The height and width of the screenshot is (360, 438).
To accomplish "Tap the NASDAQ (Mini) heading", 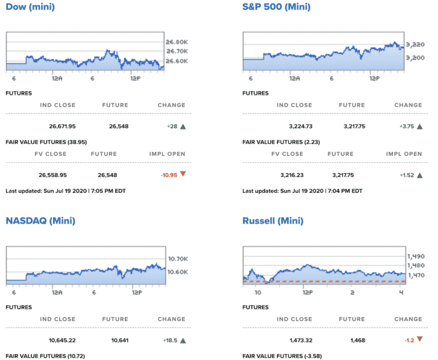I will pyautogui.click(x=40, y=221).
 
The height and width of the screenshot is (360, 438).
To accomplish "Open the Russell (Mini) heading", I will pyautogui.click(x=273, y=221).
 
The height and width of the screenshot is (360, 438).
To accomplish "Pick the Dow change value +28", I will pyautogui.click(x=173, y=127).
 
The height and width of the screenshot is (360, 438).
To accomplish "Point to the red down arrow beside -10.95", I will pyautogui.click(x=183, y=173).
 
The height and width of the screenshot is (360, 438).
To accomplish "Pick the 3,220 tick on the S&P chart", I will pyautogui.click(x=416, y=44).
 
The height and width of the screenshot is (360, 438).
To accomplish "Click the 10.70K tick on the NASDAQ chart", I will pyautogui.click(x=177, y=258).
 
